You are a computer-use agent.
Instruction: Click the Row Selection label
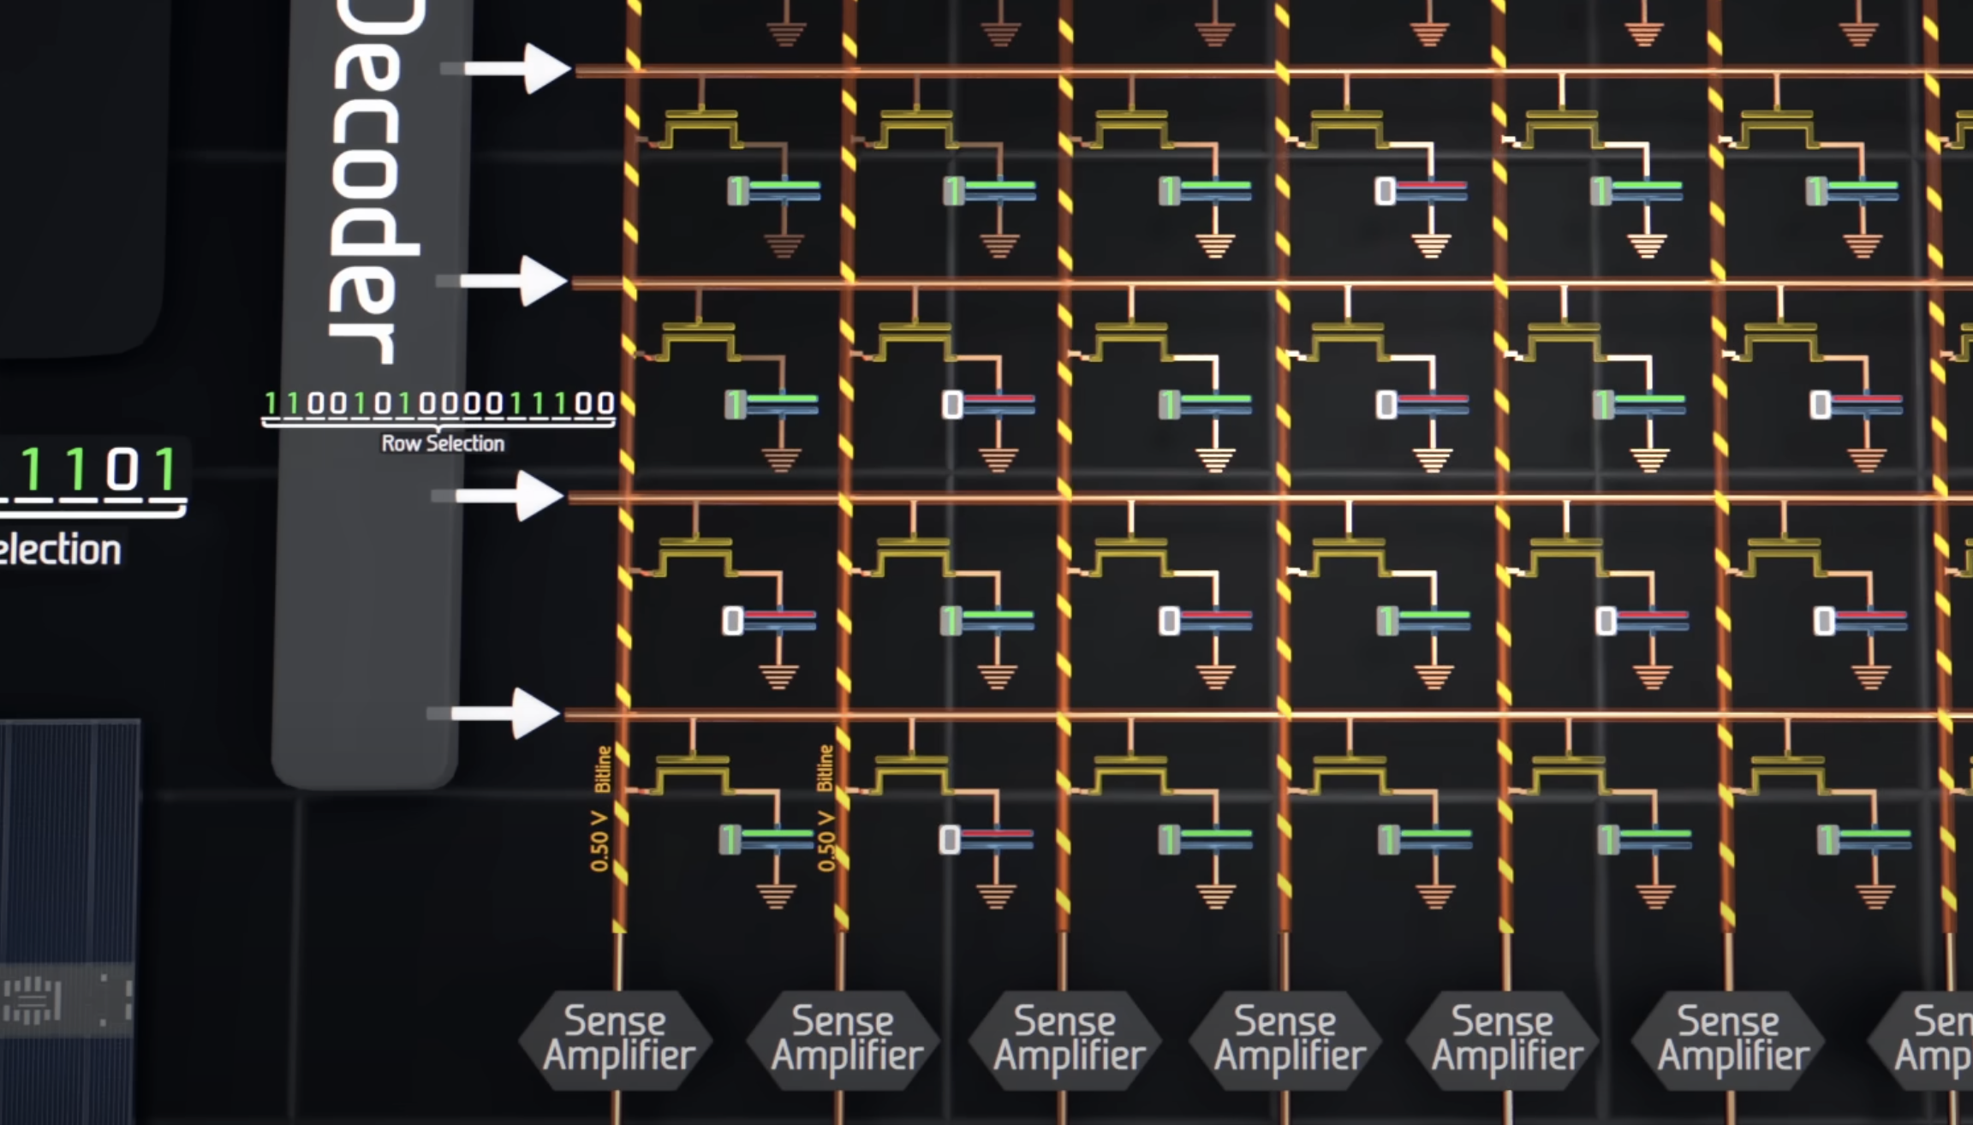442,443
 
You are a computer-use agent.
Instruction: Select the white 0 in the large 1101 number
122,470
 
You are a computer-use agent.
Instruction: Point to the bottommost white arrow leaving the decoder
505,713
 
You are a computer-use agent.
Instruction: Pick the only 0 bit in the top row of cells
1385,191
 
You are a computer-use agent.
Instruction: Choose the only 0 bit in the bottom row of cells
949,840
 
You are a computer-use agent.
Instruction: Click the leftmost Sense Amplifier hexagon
617,1039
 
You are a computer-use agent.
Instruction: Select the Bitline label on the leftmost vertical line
603,769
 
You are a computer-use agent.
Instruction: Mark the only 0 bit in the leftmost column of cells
732,621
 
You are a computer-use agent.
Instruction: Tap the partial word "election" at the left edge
60,550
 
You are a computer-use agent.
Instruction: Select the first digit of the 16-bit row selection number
271,403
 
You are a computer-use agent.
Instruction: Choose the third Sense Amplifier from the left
1067,1039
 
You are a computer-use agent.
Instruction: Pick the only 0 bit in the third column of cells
1169,621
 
